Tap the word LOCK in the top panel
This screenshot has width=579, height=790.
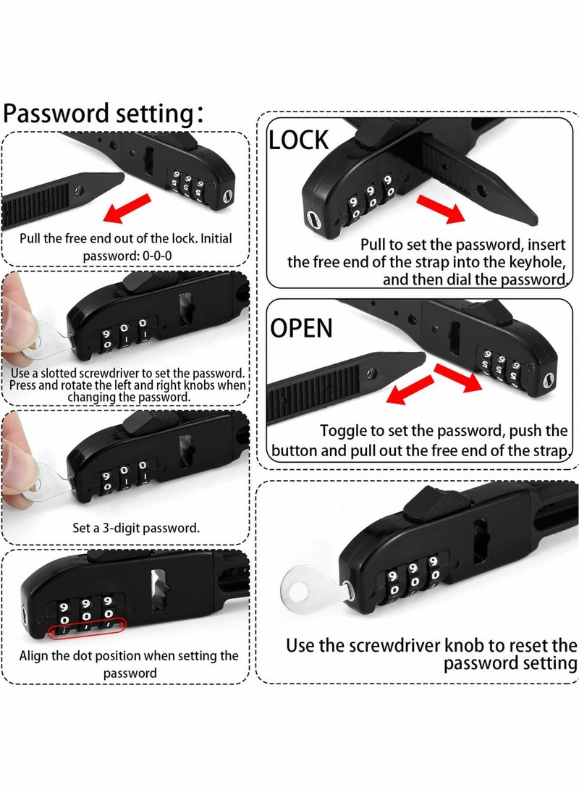click(298, 140)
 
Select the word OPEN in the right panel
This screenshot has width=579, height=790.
click(301, 328)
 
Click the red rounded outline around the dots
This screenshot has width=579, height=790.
click(87, 627)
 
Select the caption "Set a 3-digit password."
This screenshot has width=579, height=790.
click(126, 527)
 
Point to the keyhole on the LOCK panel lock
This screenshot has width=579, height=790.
click(313, 219)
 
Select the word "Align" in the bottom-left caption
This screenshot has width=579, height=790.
click(35, 656)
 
